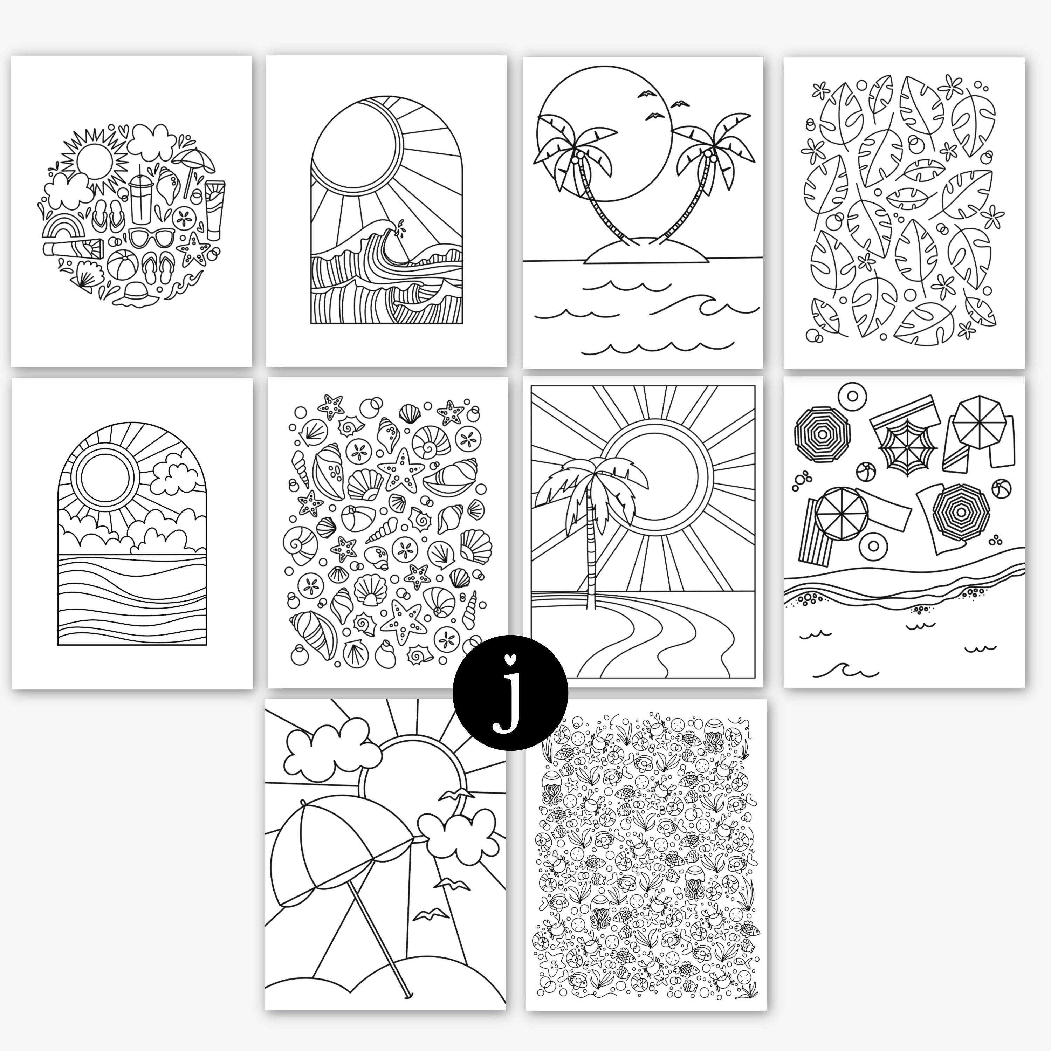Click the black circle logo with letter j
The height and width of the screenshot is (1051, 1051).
tap(510, 693)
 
